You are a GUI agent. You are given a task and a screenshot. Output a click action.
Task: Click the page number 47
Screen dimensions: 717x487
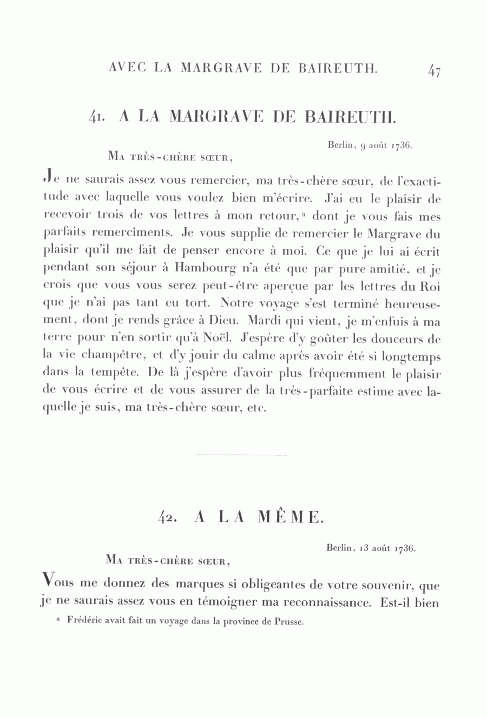[434, 70]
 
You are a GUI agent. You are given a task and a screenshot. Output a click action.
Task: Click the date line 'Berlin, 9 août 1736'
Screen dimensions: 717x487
[370, 145]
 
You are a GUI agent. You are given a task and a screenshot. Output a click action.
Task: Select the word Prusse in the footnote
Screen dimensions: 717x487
[290, 621]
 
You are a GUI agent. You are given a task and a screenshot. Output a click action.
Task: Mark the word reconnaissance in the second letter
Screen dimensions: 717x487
[315, 602]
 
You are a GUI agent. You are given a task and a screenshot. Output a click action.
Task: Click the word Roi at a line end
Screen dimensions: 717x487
[430, 286]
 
